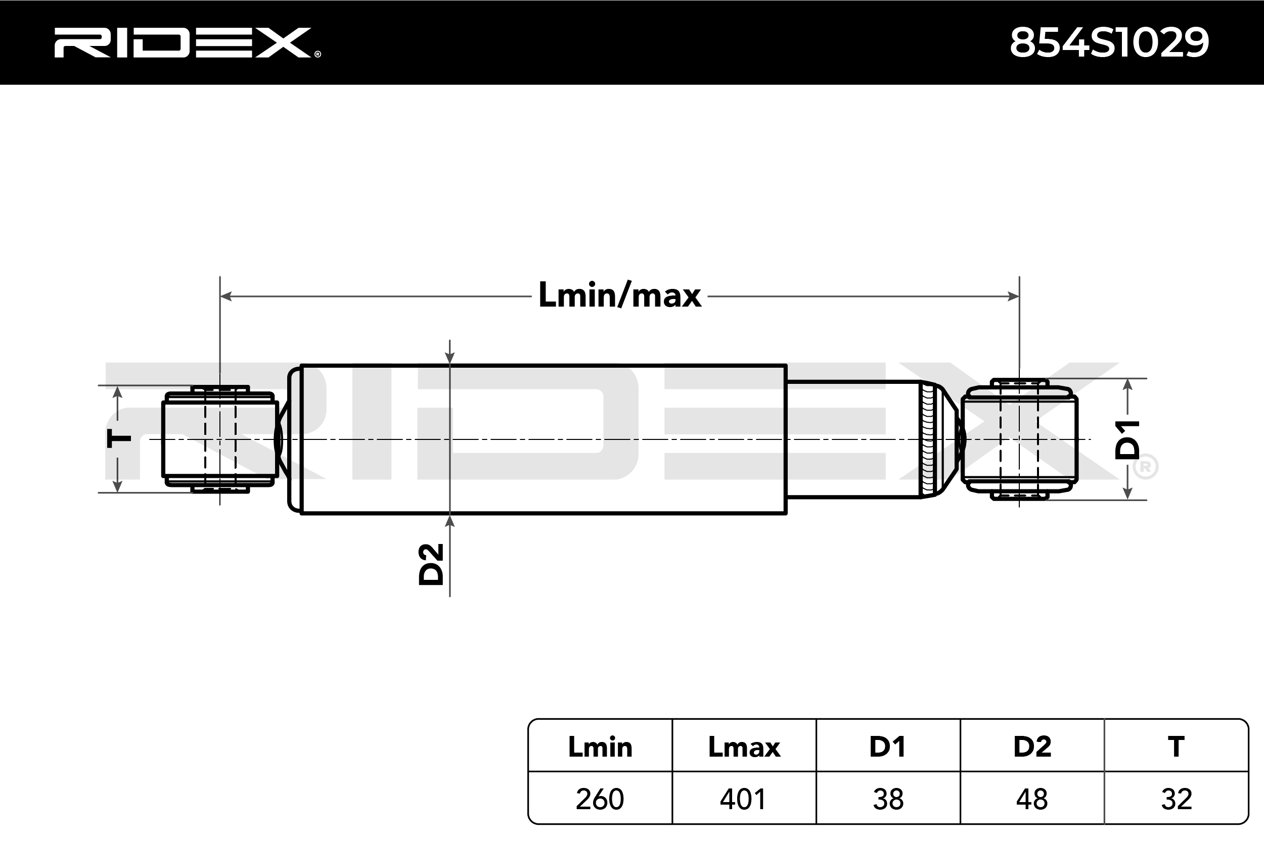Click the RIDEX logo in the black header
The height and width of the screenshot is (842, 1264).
tap(187, 42)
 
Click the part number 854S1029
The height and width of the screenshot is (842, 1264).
tap(1109, 42)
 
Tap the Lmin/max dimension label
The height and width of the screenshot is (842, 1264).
tap(620, 295)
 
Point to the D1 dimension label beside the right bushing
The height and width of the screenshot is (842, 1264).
tap(1127, 440)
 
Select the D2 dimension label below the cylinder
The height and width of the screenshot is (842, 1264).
tap(431, 564)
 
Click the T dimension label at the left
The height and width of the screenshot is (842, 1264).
tap(119, 439)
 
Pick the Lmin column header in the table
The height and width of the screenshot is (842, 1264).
tap(600, 747)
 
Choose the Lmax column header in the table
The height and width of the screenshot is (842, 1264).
tap(744, 747)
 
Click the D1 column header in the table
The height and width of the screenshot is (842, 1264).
tap(888, 747)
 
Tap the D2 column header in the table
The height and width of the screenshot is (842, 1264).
tap(1032, 747)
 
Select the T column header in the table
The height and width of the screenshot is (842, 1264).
tap(1176, 747)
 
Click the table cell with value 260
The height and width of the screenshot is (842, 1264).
tap(600, 799)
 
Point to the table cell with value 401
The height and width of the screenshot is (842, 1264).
tap(744, 799)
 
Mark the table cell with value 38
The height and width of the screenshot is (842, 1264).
tap(888, 799)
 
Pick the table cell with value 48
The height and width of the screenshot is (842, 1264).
tap(1032, 799)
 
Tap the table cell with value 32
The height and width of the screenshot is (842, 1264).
tap(1176, 799)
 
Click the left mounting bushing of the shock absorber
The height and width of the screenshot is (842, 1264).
tap(220, 439)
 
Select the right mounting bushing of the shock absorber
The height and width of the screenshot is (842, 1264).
tap(1019, 439)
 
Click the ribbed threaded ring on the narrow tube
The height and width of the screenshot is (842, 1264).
tap(928, 439)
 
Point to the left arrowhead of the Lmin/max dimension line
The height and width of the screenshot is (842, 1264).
tap(225, 296)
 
